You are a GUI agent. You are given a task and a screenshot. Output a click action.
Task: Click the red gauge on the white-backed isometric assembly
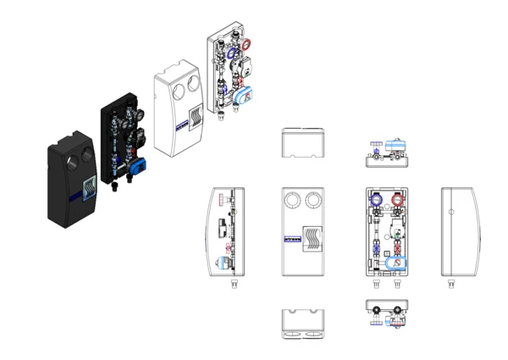point(245,44)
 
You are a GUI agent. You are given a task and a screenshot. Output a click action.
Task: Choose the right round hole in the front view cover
point(315,201)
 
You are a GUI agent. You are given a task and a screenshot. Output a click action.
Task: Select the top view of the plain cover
point(305,143)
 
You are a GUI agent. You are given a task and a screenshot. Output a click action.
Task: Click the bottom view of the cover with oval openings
point(305,325)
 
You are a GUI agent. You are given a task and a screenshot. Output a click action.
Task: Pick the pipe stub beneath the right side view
point(450,286)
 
